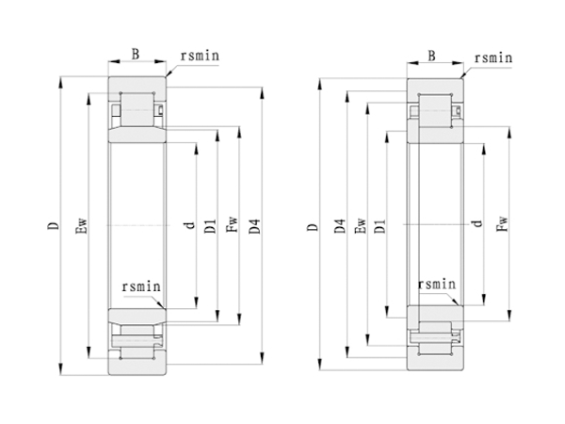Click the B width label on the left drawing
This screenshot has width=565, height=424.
(136, 56)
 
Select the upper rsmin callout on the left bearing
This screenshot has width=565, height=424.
(198, 57)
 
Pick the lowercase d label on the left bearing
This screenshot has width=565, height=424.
(188, 227)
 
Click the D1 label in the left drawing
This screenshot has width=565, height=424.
(209, 227)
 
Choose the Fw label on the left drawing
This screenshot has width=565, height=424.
(231, 227)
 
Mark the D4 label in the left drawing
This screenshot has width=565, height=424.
(253, 227)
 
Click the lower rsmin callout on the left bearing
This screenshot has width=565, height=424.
(142, 285)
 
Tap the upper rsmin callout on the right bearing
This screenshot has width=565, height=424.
(492, 58)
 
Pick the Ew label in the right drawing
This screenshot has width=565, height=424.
(359, 227)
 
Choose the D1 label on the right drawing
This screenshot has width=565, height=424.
(379, 227)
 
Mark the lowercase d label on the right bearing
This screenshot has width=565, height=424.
(478, 225)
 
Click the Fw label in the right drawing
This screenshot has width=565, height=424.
(501, 226)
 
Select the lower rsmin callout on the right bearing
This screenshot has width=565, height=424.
(437, 283)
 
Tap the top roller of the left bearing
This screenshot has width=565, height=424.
(138, 109)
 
